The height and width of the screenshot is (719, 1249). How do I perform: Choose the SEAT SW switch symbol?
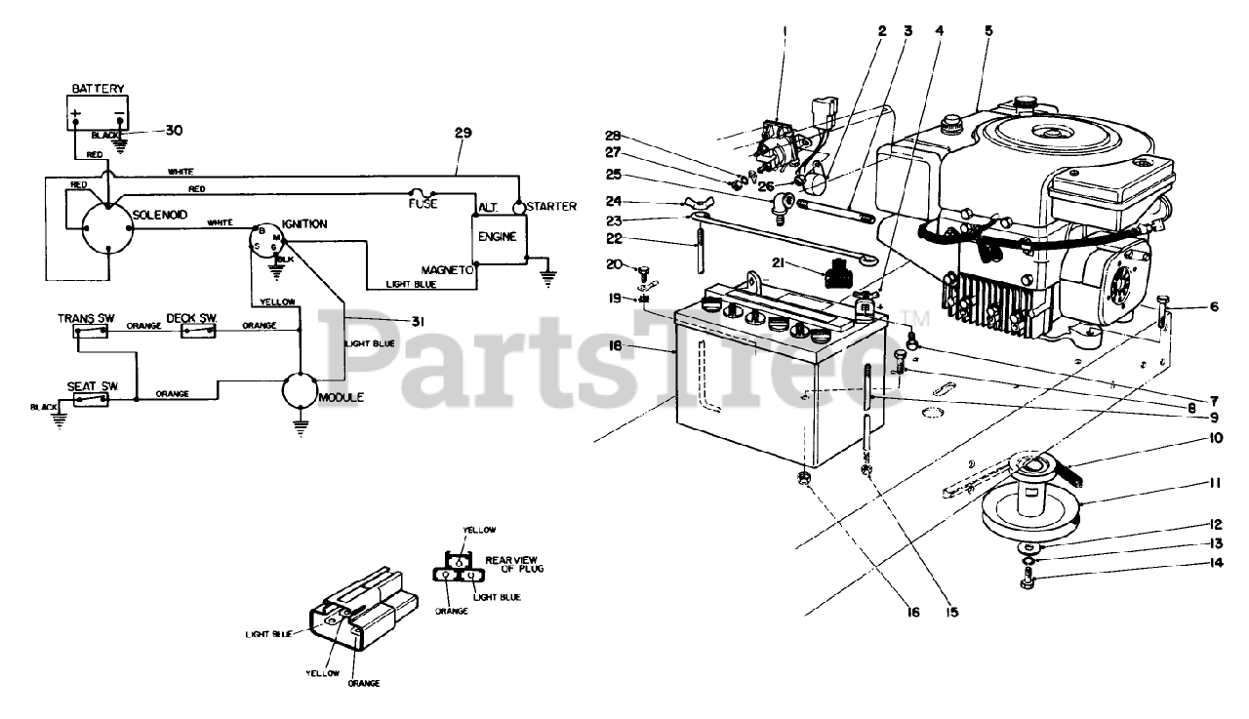[x=94, y=399]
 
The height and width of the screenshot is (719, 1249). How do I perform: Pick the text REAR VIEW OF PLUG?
[x=508, y=564]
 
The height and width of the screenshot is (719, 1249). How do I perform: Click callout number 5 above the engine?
[x=988, y=30]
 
